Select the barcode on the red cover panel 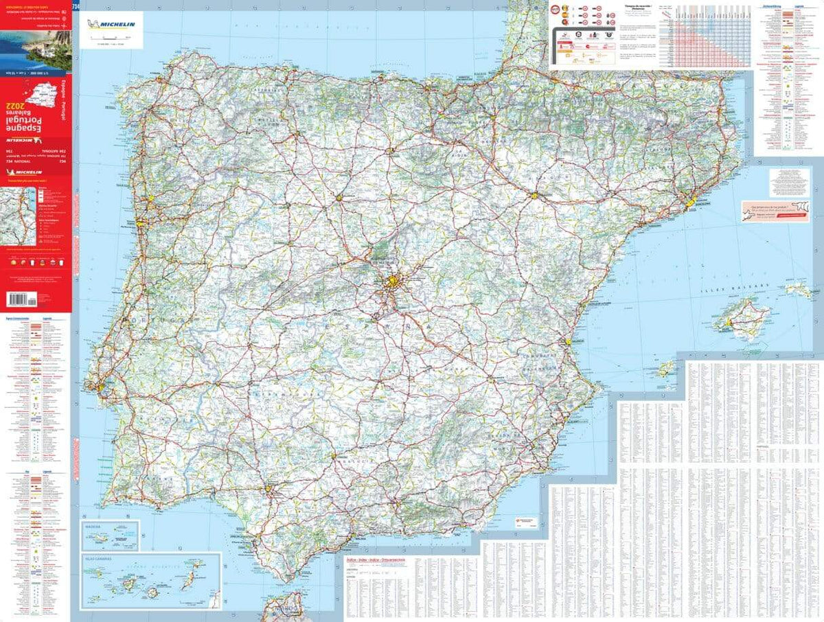point(21,299)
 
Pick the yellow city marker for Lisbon point(102,388)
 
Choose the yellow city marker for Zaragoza point(534,196)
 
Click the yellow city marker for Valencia point(569,341)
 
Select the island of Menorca point(799,290)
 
